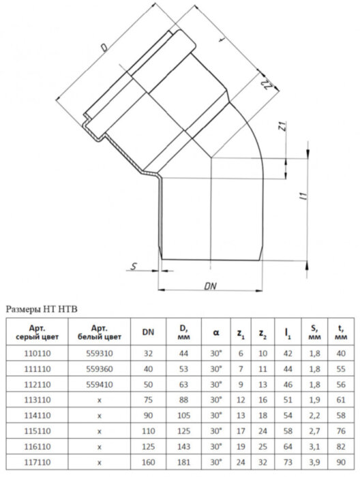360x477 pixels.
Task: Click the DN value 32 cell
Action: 147,354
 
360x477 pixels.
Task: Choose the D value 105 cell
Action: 181,414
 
